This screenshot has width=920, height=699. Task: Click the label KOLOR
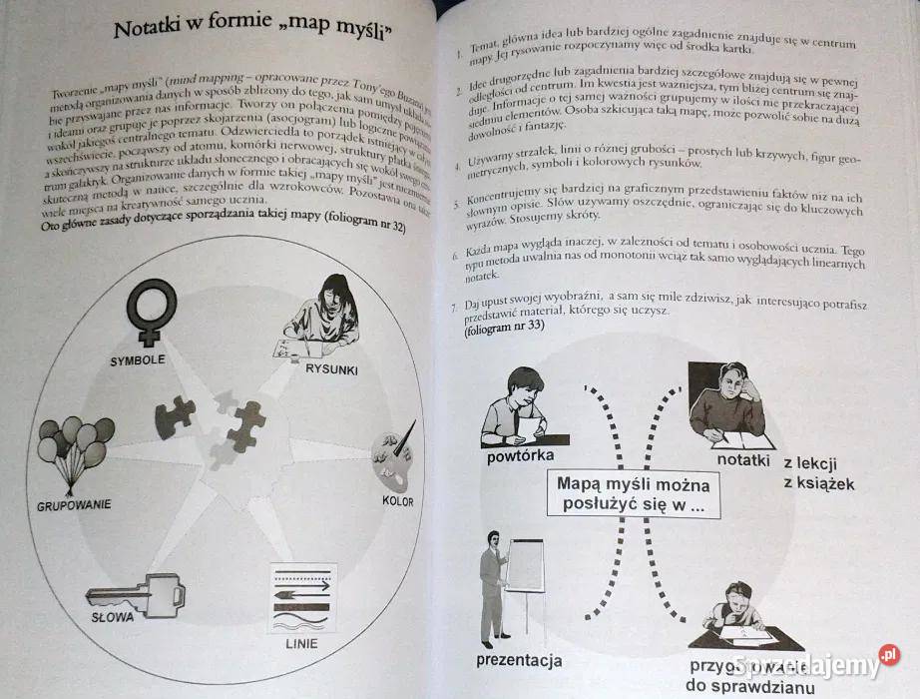click(397, 500)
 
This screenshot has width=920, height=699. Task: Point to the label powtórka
click(521, 460)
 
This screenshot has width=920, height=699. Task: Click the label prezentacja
click(519, 660)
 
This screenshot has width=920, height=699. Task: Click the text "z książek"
click(819, 485)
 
